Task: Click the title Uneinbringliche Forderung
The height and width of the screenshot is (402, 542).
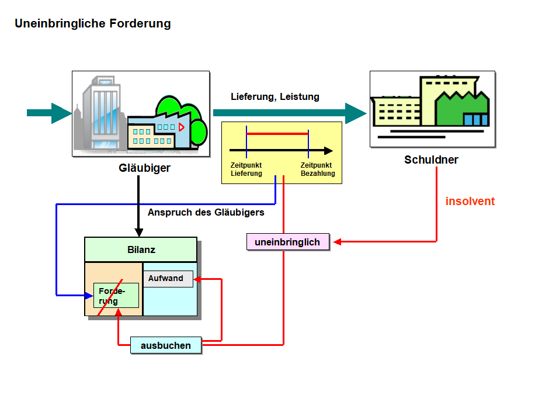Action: coord(92,24)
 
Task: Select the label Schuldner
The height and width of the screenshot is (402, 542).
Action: coord(431,160)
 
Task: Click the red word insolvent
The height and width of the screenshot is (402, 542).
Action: coord(470,202)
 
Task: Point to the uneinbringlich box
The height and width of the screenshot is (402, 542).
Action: coord(287,242)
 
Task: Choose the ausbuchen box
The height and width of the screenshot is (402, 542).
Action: coord(166,345)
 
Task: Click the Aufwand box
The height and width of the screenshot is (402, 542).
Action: coord(168,279)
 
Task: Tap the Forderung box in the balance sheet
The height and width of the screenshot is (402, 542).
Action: coord(116,296)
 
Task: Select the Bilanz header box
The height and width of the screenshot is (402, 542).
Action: coord(141,250)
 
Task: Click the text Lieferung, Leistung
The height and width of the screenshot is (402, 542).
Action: coord(275,97)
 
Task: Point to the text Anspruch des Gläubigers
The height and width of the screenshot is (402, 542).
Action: coord(206,213)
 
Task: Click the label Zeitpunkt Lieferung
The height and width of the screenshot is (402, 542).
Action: coord(246,169)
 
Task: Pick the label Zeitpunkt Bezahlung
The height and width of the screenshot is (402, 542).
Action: coord(318,169)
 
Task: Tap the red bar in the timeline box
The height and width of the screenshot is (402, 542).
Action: coord(277,134)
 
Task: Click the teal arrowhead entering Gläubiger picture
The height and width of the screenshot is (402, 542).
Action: coord(61,113)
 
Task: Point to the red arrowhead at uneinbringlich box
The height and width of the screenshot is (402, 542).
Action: coord(337,242)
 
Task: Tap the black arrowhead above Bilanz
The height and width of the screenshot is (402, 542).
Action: coord(138,231)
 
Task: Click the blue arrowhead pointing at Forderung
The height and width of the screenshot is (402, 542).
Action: coord(88,295)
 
